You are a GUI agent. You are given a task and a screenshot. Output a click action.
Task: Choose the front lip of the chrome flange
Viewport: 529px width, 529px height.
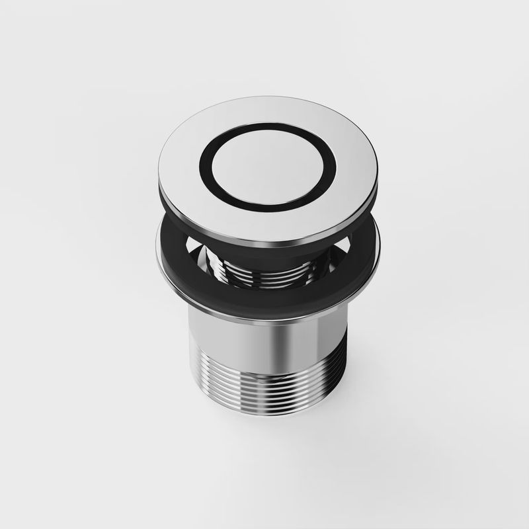click(264, 318)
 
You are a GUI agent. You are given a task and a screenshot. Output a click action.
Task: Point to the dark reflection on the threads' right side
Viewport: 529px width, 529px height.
click(324, 397)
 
